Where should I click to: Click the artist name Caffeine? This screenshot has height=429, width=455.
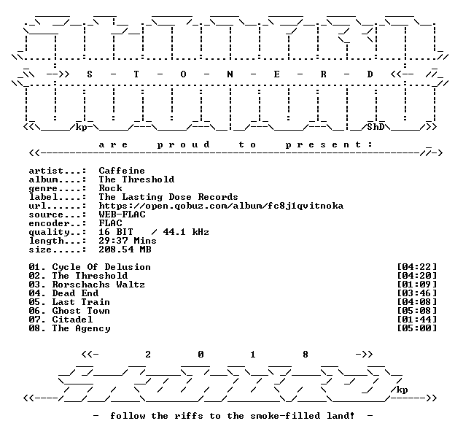coord(122,171)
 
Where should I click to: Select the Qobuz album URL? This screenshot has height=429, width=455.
coord(221,206)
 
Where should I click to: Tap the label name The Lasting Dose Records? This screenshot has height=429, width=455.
coord(168,197)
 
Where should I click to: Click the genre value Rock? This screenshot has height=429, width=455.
coord(110,188)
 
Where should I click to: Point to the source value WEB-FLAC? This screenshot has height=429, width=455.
coord(122,214)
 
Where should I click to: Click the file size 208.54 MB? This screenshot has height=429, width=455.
coord(125,250)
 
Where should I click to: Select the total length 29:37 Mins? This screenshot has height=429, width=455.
coord(128,241)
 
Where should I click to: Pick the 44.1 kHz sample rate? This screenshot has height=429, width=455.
coord(186,232)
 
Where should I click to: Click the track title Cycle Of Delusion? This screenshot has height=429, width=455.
coord(101,267)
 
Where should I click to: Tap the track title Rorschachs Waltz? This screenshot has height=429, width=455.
coord(98,285)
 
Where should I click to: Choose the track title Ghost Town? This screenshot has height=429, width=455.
coord(81,311)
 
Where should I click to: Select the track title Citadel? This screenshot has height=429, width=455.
coord(72,320)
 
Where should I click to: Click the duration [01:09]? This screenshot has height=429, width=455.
coord(416,285)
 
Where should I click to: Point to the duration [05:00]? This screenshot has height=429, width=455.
coord(416,328)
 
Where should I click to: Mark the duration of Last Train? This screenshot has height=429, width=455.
coord(416,302)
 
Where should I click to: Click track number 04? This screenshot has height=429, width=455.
coord(34,293)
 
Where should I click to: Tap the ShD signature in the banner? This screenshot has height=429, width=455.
coord(376,127)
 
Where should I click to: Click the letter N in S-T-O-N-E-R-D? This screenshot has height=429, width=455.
coord(230,74)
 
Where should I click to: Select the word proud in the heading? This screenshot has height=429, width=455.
coord(184,144)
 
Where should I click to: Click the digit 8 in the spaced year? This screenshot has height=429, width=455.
coord(306,355)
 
